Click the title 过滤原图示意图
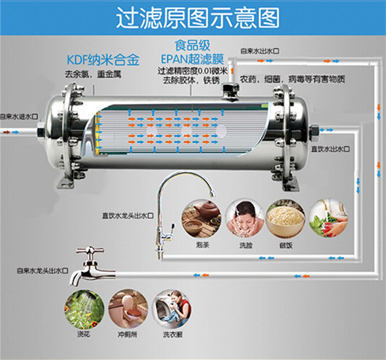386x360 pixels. tap(198, 18)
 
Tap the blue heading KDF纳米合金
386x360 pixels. tap(103, 60)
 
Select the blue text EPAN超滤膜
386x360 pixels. tap(192, 59)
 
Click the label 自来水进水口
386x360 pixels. tap(19, 116)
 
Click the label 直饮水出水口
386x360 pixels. tap(331, 149)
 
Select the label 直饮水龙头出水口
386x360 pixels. tap(128, 216)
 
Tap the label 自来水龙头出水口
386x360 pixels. tap(42, 271)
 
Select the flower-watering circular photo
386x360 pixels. tap(84, 309)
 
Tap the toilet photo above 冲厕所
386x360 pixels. tap(128, 309)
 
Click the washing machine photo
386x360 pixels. tap(171, 309)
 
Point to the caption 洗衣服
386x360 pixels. tap(173, 335)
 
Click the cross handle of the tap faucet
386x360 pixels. tap(90, 251)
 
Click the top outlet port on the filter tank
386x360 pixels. tap(230, 91)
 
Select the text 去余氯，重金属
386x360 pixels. tap(93, 74)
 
